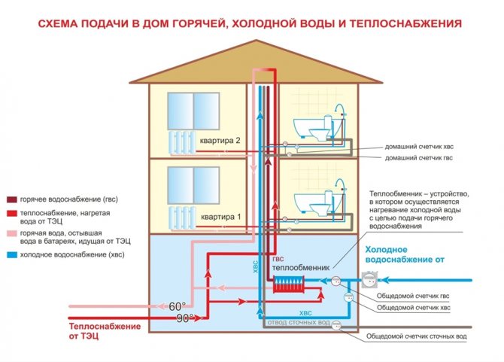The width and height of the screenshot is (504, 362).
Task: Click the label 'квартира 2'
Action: click(x=220, y=141)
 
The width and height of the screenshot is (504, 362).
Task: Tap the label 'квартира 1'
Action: click(x=220, y=216)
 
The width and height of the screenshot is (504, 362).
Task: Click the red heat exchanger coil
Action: click(x=288, y=283)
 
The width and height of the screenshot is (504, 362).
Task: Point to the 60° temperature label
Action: click(x=176, y=306)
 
